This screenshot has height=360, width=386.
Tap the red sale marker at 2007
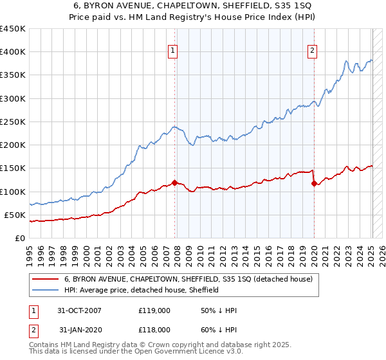[x=175, y=183]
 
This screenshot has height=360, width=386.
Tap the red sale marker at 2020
[x=314, y=183]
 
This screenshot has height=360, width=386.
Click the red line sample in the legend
[x=46, y=279]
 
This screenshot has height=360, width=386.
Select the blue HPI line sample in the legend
[x=46, y=290]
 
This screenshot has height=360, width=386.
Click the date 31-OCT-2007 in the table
[x=79, y=310]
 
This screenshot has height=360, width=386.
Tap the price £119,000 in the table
[x=154, y=310]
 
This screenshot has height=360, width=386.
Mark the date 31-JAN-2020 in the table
[x=79, y=329]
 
